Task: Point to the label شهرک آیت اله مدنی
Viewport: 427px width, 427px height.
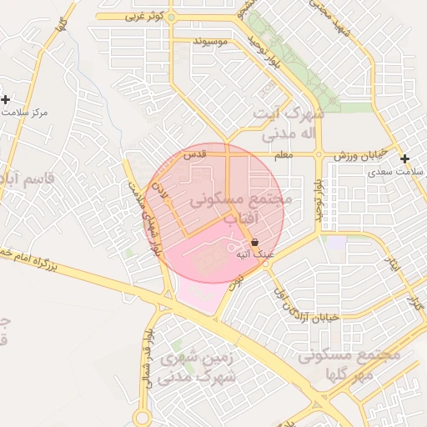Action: [x=279, y=123]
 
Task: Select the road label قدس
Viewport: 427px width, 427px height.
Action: [x=193, y=155]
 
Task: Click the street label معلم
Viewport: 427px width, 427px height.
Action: [x=284, y=156]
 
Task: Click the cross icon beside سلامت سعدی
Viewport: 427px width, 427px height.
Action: [x=404, y=158]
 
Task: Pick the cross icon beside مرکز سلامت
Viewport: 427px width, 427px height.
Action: [x=6, y=100]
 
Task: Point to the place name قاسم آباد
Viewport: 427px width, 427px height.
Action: [x=25, y=179]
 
